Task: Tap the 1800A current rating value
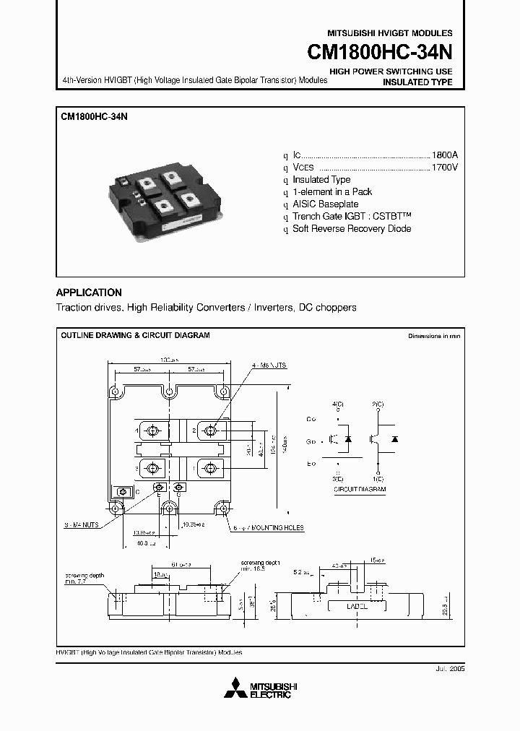tap(444, 155)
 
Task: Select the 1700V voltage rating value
tap(444, 168)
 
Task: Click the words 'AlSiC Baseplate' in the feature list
tap(325, 204)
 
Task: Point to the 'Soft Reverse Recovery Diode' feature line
tap(352, 229)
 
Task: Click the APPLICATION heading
tap(89, 293)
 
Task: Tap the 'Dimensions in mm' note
tap(433, 337)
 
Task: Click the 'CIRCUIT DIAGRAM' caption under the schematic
tap(360, 489)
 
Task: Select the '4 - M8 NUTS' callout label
tap(269, 366)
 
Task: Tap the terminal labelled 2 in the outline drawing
tap(210, 431)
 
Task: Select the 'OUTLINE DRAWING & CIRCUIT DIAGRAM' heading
tap(135, 336)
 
